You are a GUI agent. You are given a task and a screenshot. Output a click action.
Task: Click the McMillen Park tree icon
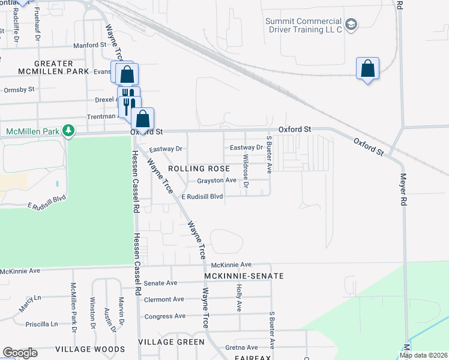[x=69, y=130]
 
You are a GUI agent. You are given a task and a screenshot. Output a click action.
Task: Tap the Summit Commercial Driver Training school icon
[x=352, y=25]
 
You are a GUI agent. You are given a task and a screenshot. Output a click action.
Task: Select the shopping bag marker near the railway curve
[x=367, y=68]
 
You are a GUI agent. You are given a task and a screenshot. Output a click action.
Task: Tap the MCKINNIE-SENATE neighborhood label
[x=244, y=276]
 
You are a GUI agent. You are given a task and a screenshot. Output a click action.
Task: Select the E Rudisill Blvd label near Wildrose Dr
[x=199, y=196]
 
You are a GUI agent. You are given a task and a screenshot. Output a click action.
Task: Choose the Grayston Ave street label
[x=217, y=180]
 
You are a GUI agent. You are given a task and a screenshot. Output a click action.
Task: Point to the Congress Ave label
[x=165, y=316]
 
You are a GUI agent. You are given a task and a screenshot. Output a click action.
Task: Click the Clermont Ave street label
[x=164, y=299]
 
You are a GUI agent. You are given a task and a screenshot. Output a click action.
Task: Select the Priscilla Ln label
[x=41, y=324]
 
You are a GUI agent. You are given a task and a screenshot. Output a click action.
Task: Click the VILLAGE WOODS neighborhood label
[x=90, y=349]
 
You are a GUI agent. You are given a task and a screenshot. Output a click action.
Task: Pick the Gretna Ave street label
[x=241, y=347]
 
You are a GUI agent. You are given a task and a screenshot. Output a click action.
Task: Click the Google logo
[x=20, y=353]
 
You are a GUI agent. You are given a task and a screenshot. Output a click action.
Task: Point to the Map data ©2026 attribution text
[x=423, y=355]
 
